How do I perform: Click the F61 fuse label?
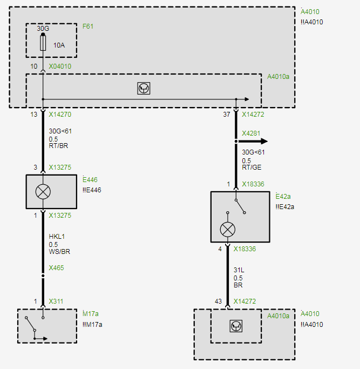click(88, 26)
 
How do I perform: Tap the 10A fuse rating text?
click(59, 45)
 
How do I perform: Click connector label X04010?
click(60, 66)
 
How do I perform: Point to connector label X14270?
click(60, 115)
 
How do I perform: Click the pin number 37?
click(227, 115)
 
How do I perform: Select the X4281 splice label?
click(251, 133)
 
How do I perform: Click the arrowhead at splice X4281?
click(264, 142)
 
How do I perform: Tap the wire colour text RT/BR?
click(58, 145)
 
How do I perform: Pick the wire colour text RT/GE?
click(252, 167)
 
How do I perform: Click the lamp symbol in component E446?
click(43, 192)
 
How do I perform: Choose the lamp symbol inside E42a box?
click(228, 229)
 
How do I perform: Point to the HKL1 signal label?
click(57, 237)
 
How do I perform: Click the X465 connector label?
click(56, 267)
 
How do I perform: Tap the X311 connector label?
click(56, 301)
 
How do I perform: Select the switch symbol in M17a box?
click(35, 327)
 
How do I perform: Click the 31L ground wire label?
click(239, 270)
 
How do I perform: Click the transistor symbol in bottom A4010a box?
click(236, 326)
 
